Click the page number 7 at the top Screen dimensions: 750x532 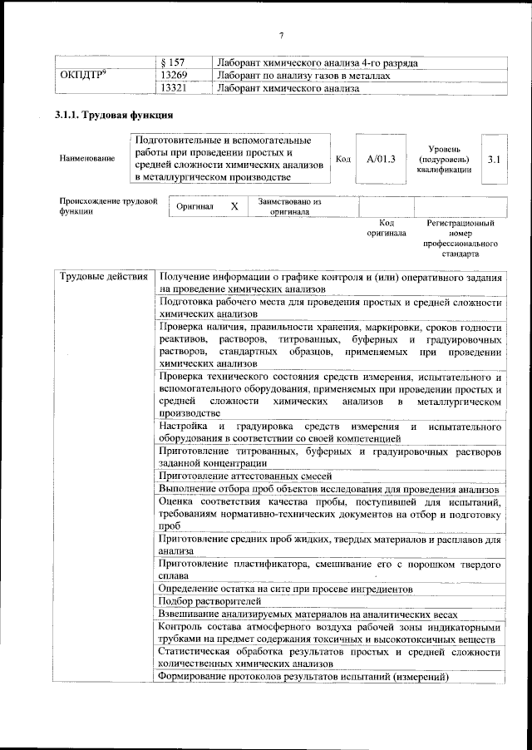(281, 36)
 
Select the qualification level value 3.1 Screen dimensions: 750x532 (494, 158)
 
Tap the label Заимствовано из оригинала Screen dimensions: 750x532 (289, 206)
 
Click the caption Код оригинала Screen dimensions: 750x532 (386, 228)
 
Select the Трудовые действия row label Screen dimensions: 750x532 (104, 277)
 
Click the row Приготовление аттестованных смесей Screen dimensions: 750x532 (245, 476)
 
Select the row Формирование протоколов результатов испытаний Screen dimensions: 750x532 (303, 677)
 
